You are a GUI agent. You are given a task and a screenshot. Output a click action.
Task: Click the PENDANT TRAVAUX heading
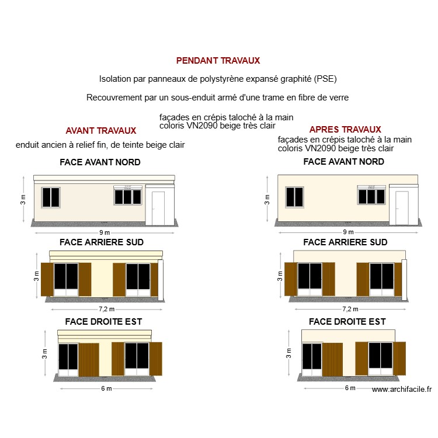218,60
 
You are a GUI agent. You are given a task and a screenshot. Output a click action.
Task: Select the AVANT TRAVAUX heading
101,131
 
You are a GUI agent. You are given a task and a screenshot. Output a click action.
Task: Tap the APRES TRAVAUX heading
345,129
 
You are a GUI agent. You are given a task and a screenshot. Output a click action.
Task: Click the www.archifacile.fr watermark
401,390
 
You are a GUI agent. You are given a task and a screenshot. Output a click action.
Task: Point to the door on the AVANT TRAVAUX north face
158,208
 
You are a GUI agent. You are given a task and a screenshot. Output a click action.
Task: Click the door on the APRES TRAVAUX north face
402,208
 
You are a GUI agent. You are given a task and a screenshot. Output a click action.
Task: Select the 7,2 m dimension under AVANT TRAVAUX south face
106,309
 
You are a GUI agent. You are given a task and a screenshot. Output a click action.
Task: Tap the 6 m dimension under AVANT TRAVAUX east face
106,389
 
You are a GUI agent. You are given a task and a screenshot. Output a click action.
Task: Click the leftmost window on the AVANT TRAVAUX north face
51,197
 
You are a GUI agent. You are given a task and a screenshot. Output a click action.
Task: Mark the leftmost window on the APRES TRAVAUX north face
294,197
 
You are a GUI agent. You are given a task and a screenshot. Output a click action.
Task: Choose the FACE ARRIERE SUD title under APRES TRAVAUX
345,242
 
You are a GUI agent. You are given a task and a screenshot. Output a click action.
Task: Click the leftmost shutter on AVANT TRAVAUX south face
47,279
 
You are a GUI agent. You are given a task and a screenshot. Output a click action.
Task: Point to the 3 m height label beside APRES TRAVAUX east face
288,353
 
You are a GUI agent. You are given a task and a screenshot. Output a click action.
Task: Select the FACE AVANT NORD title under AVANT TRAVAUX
100,162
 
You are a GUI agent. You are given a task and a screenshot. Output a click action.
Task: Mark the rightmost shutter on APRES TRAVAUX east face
399,359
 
